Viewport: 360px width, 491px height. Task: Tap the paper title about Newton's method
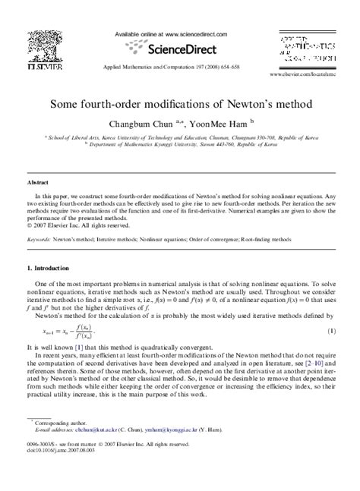(179, 102)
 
